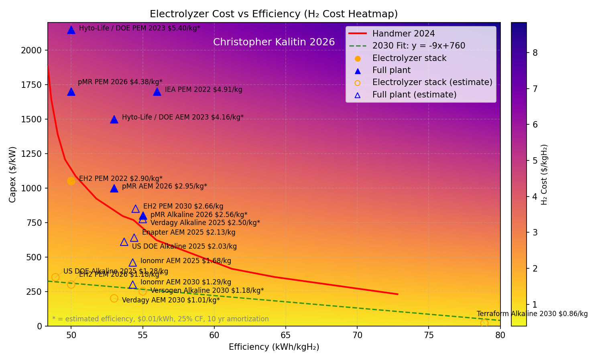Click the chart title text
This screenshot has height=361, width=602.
(274, 14)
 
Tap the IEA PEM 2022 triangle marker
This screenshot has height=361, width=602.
(157, 91)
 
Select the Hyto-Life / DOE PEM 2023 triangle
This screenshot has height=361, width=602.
(71, 30)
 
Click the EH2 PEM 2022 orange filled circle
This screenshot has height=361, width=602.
(71, 181)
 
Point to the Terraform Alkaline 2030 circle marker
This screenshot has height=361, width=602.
(484, 323)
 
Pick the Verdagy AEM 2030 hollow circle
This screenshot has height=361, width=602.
(114, 298)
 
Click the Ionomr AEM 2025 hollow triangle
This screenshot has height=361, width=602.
(133, 263)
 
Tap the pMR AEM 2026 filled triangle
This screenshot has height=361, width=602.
(114, 188)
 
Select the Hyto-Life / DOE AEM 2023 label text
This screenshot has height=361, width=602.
(183, 118)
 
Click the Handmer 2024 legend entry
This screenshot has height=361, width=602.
(403, 34)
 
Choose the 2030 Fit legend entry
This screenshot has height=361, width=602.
(419, 46)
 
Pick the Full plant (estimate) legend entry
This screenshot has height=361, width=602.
(414, 95)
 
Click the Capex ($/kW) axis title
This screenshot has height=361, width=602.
(13, 174)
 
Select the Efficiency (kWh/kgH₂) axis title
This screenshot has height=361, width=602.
(274, 347)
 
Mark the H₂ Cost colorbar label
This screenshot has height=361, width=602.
(544, 174)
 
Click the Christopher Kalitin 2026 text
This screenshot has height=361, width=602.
(274, 42)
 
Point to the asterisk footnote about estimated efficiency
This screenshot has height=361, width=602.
(160, 319)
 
